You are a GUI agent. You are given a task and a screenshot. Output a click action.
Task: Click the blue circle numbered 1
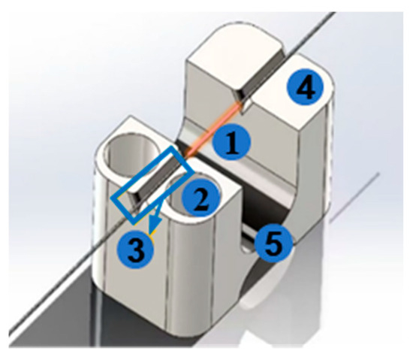[x=231, y=141]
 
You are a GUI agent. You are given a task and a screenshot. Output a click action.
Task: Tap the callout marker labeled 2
[x=201, y=196]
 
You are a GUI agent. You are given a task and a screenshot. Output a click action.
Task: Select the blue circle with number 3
[x=135, y=249]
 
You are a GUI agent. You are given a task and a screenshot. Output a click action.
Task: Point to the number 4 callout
[x=305, y=86]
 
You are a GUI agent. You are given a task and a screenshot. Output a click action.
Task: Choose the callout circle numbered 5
[x=274, y=244]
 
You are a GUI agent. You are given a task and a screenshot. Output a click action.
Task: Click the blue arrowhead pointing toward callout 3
[x=152, y=226]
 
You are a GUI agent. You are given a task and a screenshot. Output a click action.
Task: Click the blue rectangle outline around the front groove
[x=152, y=184]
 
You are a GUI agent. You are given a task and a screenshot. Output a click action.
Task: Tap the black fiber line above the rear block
[x=311, y=33]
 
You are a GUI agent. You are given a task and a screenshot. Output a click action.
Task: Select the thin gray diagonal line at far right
[x=354, y=197]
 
